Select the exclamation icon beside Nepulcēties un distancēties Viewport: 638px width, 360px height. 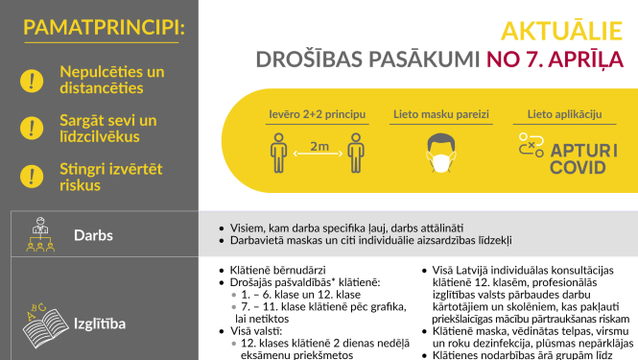(x=32, y=80)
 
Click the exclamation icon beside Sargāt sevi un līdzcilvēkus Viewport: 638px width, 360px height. (x=32, y=128)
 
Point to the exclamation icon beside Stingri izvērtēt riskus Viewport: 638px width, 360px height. (x=32, y=175)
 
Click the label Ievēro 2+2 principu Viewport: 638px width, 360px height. (x=317, y=115)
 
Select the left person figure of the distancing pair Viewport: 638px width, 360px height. (x=278, y=153)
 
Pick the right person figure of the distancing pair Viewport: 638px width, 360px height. (x=357, y=153)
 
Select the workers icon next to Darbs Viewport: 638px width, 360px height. (x=37, y=234)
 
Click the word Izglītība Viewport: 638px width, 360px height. (x=102, y=323)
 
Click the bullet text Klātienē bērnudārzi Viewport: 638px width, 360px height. (x=275, y=270)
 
